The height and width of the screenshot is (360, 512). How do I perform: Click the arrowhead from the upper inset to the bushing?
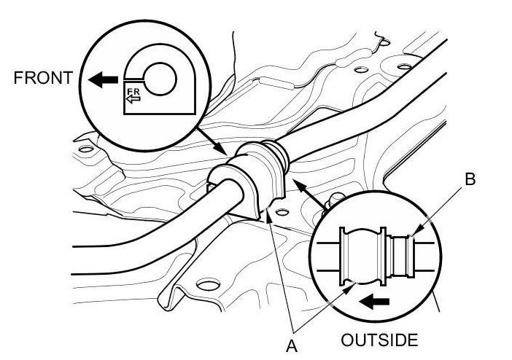tap(225, 151)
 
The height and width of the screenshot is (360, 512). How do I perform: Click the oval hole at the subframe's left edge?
tap(86, 150)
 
